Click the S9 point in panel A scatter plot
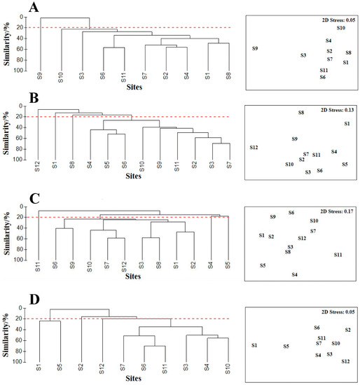point(256,48)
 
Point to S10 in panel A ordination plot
point(340,28)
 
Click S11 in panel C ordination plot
point(338,255)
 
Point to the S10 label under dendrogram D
point(228,369)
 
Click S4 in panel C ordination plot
point(295,274)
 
